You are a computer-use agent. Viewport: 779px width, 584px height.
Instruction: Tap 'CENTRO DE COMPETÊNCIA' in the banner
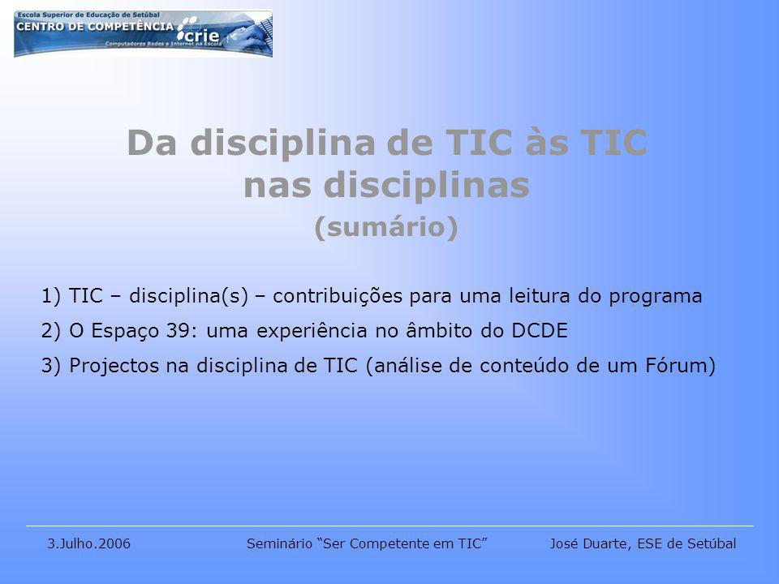[x=95, y=26]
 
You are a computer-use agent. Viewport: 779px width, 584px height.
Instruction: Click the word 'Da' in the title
[x=152, y=143]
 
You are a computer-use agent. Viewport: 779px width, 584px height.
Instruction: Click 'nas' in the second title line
[x=278, y=185]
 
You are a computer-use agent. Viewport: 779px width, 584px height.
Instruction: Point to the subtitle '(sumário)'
[x=386, y=227]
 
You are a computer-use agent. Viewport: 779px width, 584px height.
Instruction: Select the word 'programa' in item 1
[x=656, y=297]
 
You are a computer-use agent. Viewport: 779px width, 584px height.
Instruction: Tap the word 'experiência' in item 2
[x=312, y=332]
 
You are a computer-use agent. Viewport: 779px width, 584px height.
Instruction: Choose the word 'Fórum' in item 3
[x=676, y=366]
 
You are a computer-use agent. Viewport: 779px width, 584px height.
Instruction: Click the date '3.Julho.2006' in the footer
[x=89, y=543]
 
